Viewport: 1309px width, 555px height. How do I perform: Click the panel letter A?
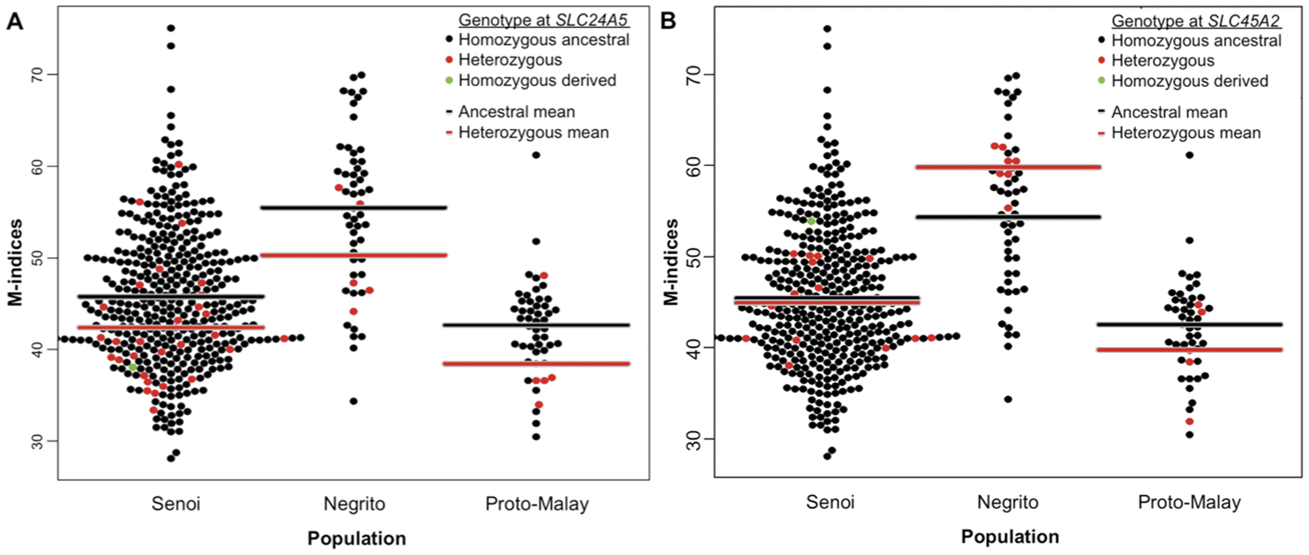click(x=15, y=21)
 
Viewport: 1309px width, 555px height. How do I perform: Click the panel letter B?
click(x=669, y=21)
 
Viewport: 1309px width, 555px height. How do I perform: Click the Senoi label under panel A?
click(x=176, y=504)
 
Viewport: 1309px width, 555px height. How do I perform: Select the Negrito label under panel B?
click(x=1008, y=502)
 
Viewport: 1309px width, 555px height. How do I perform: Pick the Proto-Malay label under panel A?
click(x=537, y=504)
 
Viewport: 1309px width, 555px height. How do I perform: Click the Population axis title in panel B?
click(x=1009, y=537)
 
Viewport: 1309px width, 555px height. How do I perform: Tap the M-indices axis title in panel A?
click(x=16, y=262)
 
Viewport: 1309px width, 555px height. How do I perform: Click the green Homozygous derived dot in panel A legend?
click(x=448, y=81)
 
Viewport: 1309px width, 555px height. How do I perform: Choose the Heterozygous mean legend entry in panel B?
click(x=1185, y=133)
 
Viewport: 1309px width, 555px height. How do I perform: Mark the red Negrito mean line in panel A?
click(x=354, y=255)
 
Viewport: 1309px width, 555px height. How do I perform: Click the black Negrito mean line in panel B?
click(x=1008, y=217)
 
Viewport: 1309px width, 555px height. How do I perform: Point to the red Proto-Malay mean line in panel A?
click(x=537, y=364)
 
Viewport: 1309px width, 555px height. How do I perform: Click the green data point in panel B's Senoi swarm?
click(x=811, y=221)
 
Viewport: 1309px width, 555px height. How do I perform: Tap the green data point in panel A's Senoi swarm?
click(x=133, y=367)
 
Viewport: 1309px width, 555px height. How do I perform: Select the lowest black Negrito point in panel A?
click(x=354, y=401)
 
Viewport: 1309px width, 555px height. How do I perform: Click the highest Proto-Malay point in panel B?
click(x=1190, y=155)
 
